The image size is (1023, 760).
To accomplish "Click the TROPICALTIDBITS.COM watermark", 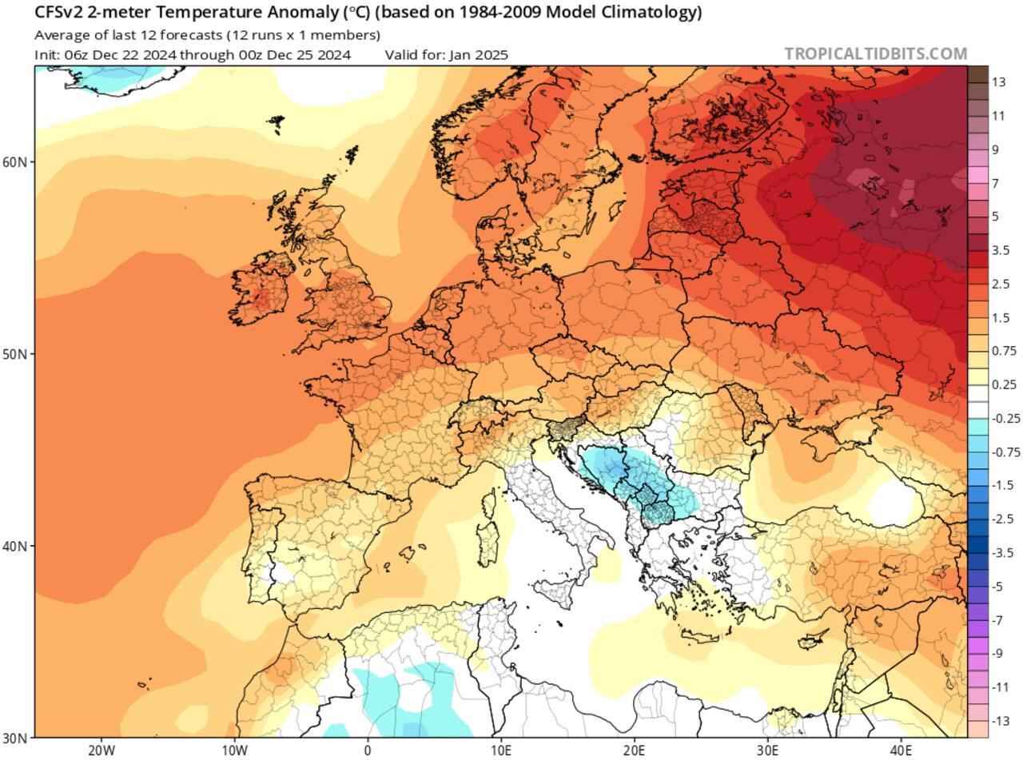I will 875,54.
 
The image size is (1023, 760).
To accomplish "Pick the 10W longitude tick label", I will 234,751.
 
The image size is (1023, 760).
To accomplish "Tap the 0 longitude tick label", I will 368,751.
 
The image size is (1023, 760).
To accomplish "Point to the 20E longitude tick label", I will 635,751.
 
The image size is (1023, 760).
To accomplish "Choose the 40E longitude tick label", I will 902,751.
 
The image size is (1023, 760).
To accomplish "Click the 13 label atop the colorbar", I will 999,82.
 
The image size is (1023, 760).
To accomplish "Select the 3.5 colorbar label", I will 1001,250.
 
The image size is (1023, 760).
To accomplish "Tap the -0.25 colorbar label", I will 1004,419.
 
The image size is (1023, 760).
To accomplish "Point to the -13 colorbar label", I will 1001,722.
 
